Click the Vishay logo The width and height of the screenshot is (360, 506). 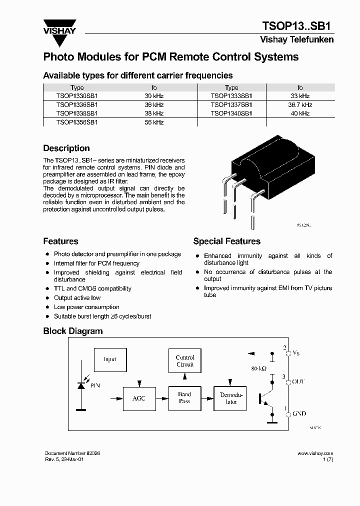tap(59, 28)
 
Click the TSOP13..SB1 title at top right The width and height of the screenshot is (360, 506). tap(298, 26)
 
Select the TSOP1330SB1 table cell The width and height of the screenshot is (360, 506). tap(76, 95)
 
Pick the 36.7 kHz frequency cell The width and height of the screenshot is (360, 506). tap(300, 105)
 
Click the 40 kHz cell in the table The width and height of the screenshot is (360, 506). tap(300, 113)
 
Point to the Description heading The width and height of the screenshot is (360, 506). tap(66, 148)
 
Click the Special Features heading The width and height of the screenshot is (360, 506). tap(226, 241)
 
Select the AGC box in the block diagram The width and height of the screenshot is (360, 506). tap(139, 398)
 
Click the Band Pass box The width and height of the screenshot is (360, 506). tap(184, 398)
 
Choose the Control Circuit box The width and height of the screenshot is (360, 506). tap(185, 361)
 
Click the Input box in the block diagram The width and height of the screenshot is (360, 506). tap(109, 359)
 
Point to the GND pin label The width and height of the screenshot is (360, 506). tap(299, 414)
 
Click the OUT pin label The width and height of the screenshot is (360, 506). tap(298, 381)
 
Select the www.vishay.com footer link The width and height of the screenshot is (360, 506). tap(315, 452)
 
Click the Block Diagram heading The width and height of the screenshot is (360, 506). tap(72, 331)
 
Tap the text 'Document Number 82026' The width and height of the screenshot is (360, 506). tap(72, 452)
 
